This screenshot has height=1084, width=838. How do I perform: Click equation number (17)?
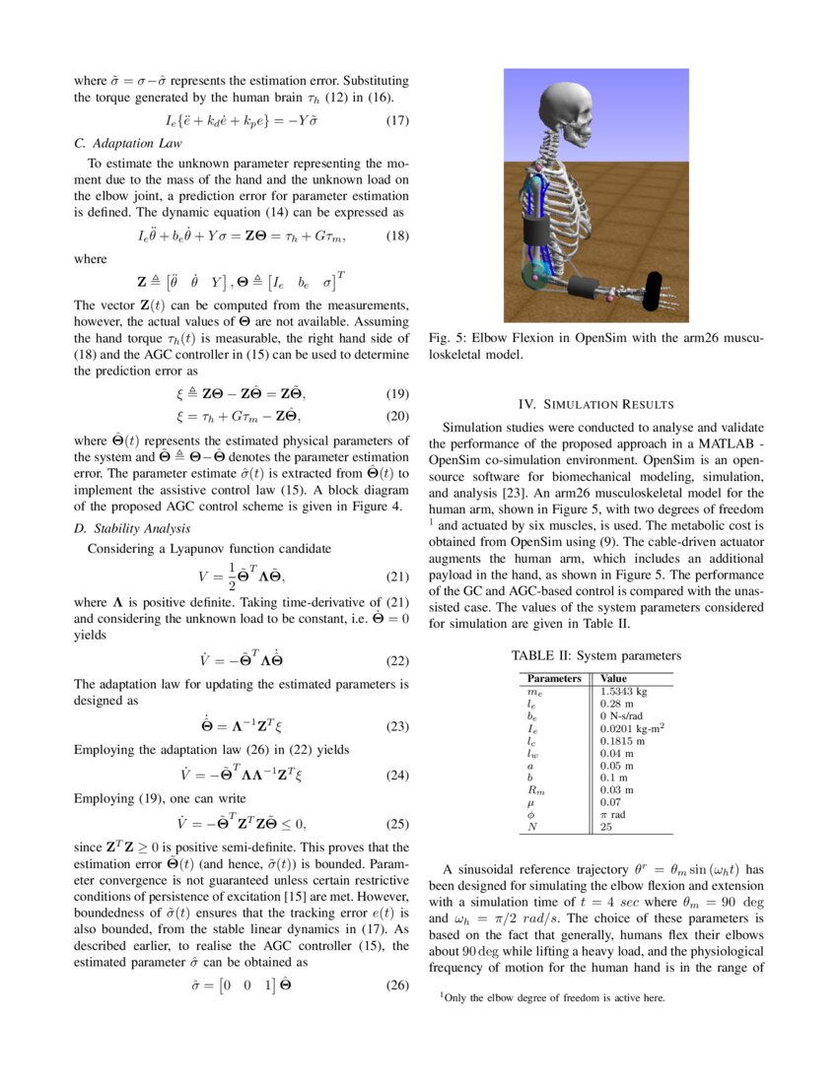(396, 122)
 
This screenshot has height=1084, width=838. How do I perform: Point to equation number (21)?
(396, 576)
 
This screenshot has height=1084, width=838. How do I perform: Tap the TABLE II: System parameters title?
(595, 655)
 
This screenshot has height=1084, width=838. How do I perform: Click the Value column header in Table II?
(613, 679)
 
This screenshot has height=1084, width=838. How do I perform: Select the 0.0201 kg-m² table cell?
(631, 728)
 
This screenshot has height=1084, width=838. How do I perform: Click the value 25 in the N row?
(606, 828)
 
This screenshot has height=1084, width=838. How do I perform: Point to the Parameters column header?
(554, 679)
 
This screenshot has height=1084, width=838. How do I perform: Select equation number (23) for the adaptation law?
(396, 726)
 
